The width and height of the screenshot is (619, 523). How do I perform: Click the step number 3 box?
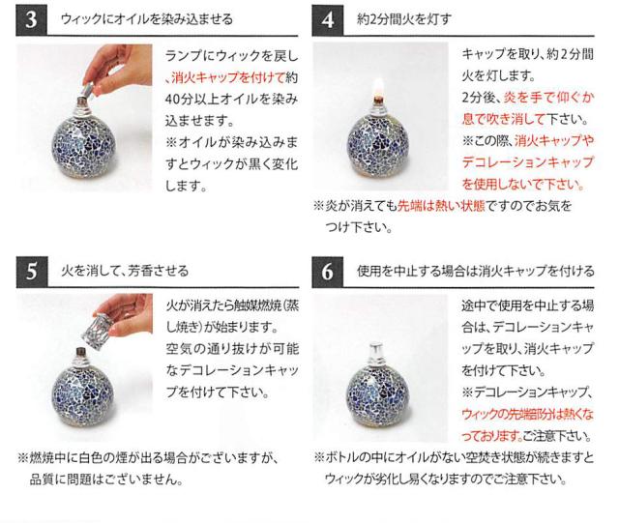click(33, 19)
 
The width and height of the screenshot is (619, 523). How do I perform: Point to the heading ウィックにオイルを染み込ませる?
click(146, 19)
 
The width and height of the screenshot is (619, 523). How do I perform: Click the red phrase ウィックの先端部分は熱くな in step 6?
click(526, 413)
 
